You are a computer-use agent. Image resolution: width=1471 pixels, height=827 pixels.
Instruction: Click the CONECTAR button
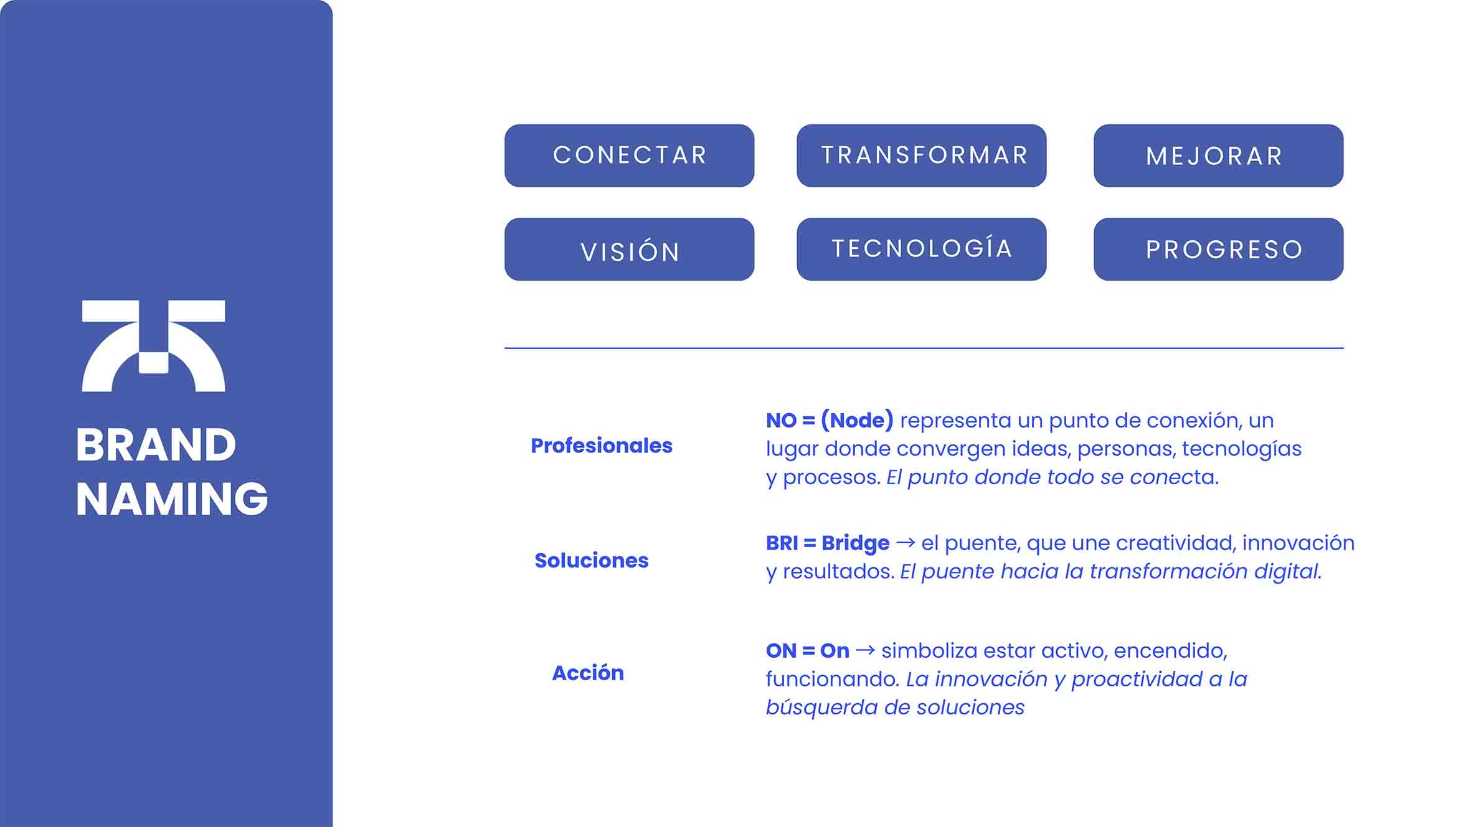[x=629, y=156]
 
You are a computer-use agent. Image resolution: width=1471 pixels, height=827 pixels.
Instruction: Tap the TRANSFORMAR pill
[x=922, y=156]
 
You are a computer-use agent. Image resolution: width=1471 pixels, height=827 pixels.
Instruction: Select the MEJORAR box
[x=1218, y=156]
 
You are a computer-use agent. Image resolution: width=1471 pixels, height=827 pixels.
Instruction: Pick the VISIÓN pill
[x=629, y=249]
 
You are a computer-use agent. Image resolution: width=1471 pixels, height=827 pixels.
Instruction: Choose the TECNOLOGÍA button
[x=922, y=249]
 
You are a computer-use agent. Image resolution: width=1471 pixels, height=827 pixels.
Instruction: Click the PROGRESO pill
[x=1218, y=249]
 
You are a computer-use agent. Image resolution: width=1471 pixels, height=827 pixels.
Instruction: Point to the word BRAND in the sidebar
[x=156, y=446]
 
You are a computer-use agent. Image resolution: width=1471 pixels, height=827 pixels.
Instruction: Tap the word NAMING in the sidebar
[x=172, y=499]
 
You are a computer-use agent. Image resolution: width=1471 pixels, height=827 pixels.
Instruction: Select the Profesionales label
[x=602, y=446]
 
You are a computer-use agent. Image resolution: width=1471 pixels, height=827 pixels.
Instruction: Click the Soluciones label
[x=592, y=561]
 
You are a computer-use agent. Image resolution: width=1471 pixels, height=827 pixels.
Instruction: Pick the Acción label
[x=588, y=673]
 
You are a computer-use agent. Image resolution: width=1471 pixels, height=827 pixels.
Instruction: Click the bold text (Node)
[x=857, y=421]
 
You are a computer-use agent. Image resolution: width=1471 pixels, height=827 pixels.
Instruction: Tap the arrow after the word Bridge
[x=906, y=543]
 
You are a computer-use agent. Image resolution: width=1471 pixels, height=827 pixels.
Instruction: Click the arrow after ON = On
[x=866, y=651]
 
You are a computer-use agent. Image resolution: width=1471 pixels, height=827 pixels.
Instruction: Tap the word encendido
[x=1170, y=651]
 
